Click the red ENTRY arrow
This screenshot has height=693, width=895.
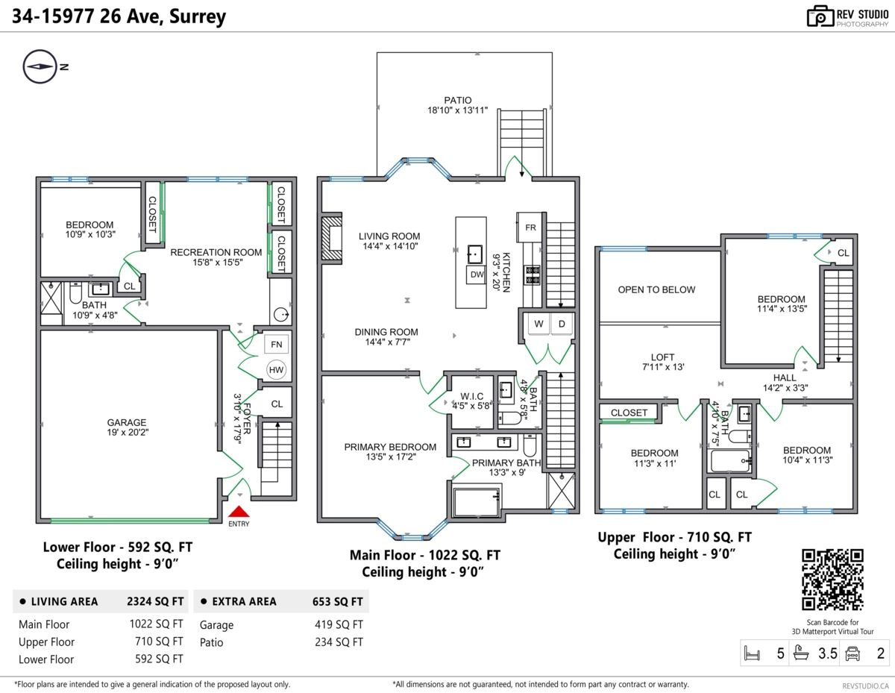coord(239,512)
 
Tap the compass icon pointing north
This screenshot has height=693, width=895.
coord(40,66)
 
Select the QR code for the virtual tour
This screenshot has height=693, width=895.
coord(832,580)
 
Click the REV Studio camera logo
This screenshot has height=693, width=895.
coord(820,16)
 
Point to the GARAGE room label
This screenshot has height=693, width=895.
coord(126,422)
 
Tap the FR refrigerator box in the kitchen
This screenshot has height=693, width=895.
coord(531,227)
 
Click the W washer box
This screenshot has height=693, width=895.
coord(537,324)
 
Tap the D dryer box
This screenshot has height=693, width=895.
coord(562,324)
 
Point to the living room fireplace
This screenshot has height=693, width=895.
coord(330,239)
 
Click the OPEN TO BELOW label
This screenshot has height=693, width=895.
coord(656,289)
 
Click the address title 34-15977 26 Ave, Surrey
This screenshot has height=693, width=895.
coord(118,16)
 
